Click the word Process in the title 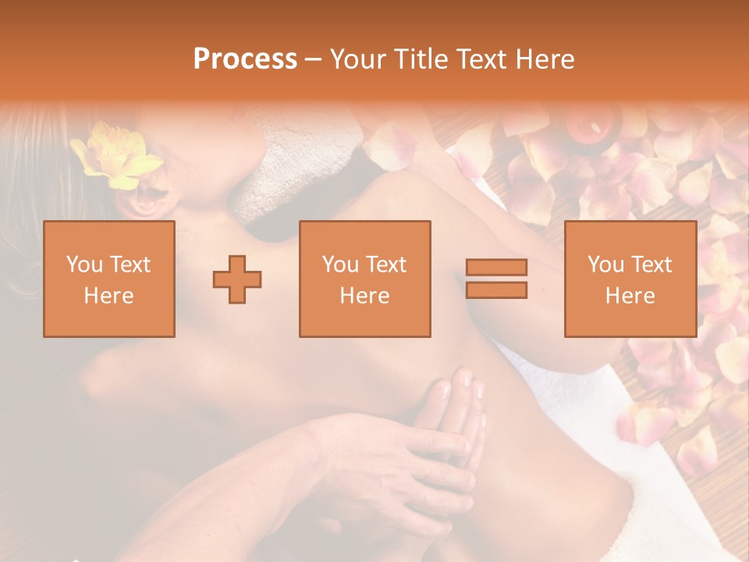click(245, 59)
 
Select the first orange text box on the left click(109, 279)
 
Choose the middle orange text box click(364, 279)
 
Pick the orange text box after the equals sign click(630, 279)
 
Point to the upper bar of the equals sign click(496, 268)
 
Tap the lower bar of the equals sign click(496, 290)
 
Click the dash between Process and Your click(313, 59)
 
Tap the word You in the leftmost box click(83, 265)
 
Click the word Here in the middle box click(364, 296)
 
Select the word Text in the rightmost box click(651, 265)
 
